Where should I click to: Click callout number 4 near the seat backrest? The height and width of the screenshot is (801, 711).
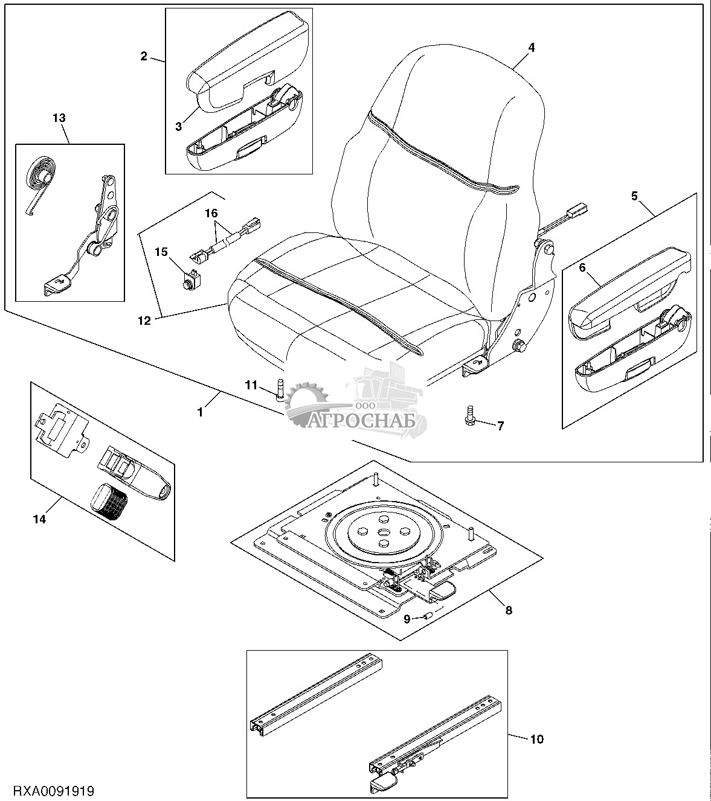coord(531,47)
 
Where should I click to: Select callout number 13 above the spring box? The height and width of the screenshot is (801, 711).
coord(59,118)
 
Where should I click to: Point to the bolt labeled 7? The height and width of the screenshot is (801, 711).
coord(470,415)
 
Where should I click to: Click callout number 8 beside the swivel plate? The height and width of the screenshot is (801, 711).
coord(508,610)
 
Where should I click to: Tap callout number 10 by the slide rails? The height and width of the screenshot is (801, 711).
coord(538,739)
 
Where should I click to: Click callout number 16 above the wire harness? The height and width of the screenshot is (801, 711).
coord(210,214)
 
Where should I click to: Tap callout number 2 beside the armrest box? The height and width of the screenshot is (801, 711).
coord(144,56)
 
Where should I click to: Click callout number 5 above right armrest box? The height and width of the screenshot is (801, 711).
coord(634,196)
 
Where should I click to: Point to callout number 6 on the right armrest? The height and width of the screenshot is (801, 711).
coord(582,268)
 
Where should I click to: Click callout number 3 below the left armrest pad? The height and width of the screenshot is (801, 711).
coord(179,126)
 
